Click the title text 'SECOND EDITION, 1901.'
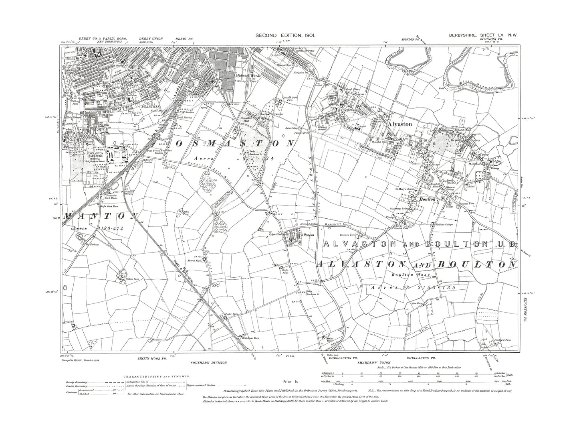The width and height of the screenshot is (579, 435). pyautogui.click(x=286, y=36)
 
